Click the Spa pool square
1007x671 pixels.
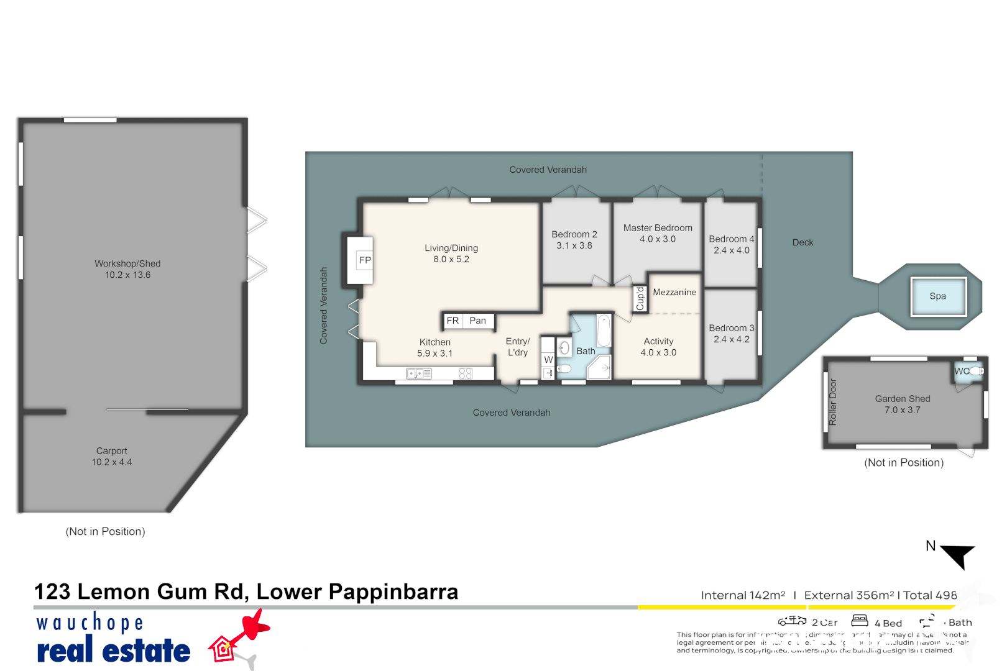click(938, 296)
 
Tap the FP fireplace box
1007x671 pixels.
click(365, 260)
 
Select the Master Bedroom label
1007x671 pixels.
click(658, 228)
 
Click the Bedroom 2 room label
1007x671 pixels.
click(574, 234)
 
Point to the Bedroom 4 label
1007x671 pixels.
click(731, 239)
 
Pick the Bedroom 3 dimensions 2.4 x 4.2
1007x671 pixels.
click(731, 339)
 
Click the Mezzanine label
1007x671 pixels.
click(674, 292)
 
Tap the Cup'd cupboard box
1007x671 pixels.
click(640, 299)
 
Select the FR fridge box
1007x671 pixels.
click(453, 321)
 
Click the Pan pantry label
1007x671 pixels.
click(477, 321)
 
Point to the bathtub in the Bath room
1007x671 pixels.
click(604, 331)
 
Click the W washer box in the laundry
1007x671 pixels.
click(548, 360)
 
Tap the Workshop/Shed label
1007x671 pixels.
click(127, 263)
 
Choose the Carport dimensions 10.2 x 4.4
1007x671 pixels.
click(112, 462)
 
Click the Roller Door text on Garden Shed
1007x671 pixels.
click(833, 402)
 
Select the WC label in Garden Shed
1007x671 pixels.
click(962, 371)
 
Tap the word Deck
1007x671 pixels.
click(802, 242)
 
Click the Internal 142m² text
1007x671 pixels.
click(743, 595)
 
